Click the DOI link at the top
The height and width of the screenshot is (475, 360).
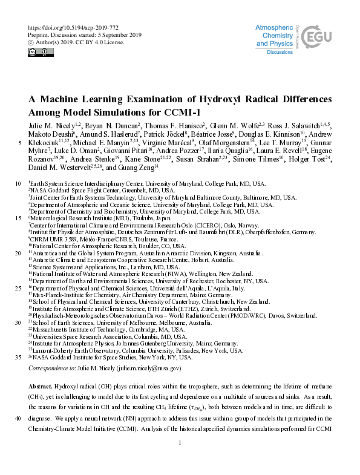(70, 28)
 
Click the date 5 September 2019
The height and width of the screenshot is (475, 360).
(123, 35)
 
